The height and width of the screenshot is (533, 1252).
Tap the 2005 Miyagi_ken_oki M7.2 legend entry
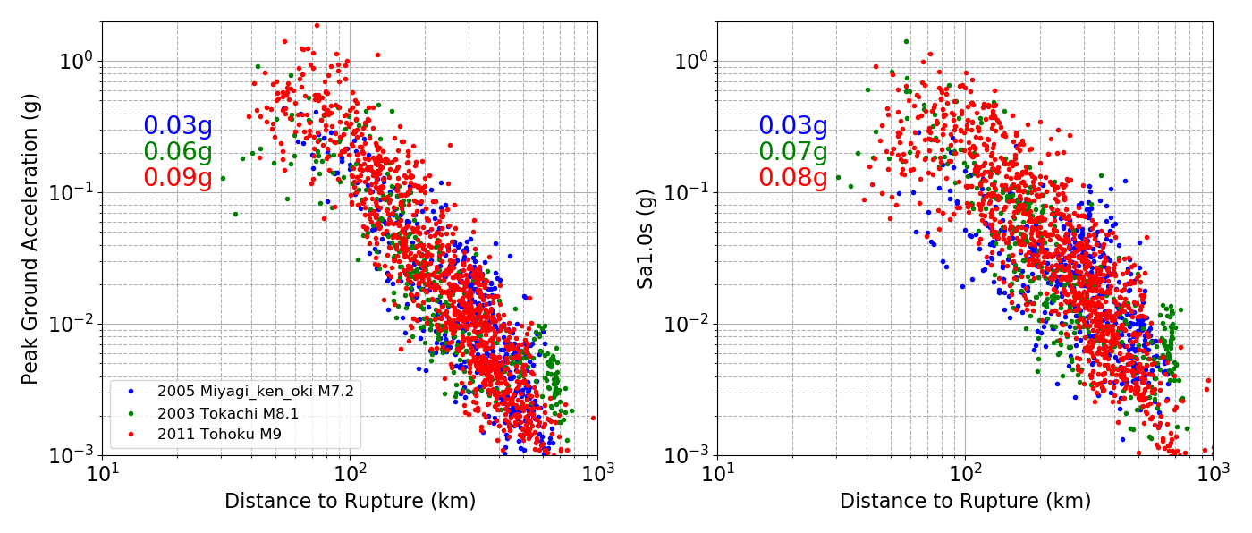click(x=255, y=391)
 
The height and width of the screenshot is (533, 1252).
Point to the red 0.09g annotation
click(x=178, y=178)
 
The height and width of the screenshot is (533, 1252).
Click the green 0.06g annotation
click(x=178, y=152)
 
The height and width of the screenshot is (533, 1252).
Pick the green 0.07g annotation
click(x=793, y=152)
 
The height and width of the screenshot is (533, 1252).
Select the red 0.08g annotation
click(x=793, y=178)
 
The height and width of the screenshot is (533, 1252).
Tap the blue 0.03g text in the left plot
click(x=178, y=126)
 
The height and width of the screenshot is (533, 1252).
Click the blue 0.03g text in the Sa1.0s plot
click(x=793, y=126)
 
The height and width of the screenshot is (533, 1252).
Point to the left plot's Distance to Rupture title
click(x=350, y=502)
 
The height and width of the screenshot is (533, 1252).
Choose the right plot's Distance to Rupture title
click(x=965, y=502)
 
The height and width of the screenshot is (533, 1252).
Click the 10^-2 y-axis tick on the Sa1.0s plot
click(x=689, y=324)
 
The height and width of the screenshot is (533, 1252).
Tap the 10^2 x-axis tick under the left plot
click(x=350, y=472)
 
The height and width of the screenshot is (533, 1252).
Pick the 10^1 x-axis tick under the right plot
click(x=717, y=472)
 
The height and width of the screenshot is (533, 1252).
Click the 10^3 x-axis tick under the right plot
click(x=1213, y=472)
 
